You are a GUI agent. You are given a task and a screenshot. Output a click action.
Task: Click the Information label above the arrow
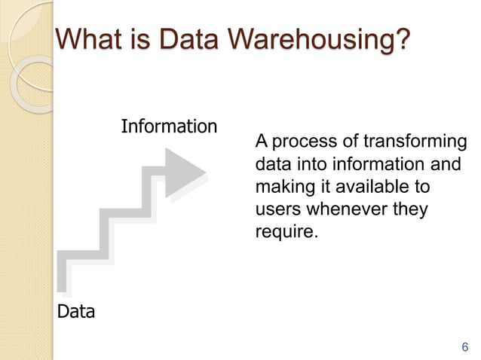tap(169, 127)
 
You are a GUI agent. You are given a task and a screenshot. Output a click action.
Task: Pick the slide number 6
tap(464, 347)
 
